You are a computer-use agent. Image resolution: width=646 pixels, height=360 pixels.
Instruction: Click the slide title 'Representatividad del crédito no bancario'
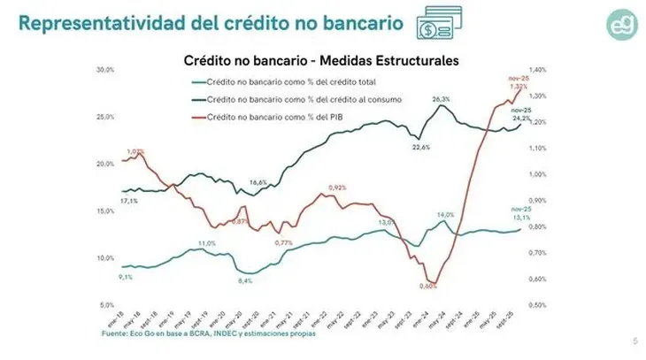pos(200,22)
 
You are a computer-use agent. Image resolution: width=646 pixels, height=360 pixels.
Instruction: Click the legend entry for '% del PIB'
pos(266,116)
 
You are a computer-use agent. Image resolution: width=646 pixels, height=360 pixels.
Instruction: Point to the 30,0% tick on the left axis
pos(105,70)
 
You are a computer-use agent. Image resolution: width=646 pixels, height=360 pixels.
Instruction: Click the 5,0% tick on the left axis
pos(107,305)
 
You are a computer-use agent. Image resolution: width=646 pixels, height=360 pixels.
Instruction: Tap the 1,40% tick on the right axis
pos(537,70)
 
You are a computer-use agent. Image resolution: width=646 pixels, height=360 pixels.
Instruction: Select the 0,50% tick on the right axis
pos(537,305)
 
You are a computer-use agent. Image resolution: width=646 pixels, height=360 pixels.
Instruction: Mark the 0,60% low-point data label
pos(428,287)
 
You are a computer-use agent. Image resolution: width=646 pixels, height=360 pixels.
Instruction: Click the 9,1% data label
pos(127,277)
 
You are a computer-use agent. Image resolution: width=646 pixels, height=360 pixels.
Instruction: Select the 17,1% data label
pos(128,201)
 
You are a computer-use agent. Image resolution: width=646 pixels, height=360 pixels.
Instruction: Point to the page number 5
pos(634,341)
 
